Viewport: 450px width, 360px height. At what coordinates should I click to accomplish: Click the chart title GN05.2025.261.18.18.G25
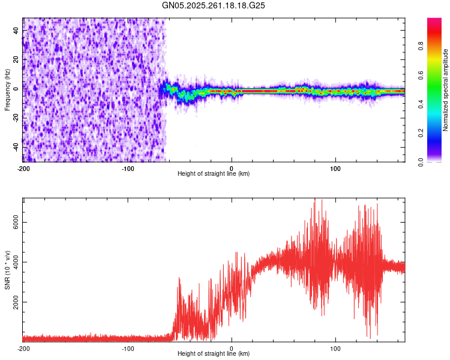[x=214, y=5]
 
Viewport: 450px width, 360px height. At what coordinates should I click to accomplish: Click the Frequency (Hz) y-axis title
[x=7, y=89]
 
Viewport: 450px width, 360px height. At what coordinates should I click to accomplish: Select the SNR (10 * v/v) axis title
[x=7, y=270]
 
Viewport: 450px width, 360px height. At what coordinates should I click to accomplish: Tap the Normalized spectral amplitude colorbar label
[x=446, y=89]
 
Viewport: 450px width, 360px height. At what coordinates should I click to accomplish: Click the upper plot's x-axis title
[x=214, y=174]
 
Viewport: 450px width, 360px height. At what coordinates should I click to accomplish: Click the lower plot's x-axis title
[x=214, y=354]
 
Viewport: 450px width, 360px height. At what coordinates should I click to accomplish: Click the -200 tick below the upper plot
[x=23, y=167]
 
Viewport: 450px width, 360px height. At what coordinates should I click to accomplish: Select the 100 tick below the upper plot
[x=336, y=167]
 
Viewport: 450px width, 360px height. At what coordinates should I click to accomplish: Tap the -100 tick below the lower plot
[x=127, y=348]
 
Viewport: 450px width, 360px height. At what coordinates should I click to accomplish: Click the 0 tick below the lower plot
[x=232, y=348]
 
